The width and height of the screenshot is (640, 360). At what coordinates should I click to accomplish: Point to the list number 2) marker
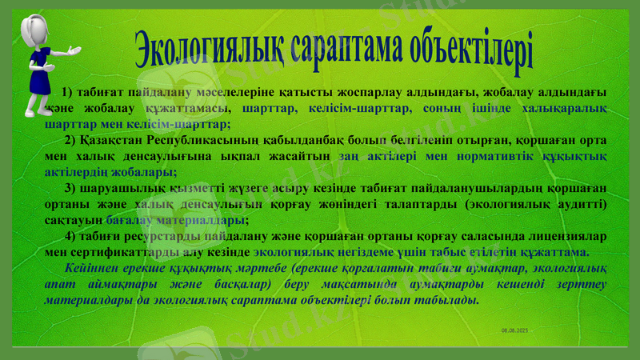[x=92, y=140]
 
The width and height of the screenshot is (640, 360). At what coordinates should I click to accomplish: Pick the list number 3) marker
[x=70, y=189]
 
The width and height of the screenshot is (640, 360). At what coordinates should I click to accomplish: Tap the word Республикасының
[x=227, y=140]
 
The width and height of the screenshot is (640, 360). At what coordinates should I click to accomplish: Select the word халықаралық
[x=565, y=109]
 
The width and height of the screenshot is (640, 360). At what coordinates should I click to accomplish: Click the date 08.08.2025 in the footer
[x=514, y=330]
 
